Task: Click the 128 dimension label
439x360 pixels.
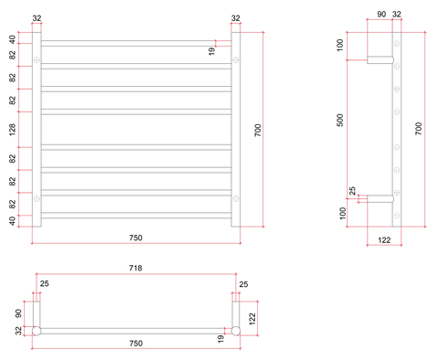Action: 12,130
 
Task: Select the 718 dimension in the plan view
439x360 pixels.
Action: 135,268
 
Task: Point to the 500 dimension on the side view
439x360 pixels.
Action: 340,121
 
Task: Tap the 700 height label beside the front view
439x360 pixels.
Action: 258,130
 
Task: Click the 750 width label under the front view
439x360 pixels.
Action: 135,238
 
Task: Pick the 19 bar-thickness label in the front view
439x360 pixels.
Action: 212,51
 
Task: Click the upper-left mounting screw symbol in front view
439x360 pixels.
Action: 37,60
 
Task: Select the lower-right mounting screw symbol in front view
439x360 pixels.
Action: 236,199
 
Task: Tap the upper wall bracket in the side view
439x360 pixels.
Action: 380,60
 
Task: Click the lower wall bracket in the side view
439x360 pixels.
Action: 380,199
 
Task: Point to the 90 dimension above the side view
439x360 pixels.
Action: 381,15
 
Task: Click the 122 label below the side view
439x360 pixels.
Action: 384,240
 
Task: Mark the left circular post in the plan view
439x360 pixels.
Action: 37,331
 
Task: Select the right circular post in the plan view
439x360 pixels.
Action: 236,331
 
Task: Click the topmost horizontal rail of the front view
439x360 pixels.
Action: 136,43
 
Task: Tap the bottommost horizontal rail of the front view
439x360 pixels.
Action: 136,216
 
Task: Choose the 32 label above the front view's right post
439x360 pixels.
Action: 236,18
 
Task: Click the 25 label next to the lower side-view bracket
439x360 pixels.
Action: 352,191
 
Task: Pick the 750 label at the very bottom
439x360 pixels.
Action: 135,344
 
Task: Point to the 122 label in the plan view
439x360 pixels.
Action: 252,319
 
